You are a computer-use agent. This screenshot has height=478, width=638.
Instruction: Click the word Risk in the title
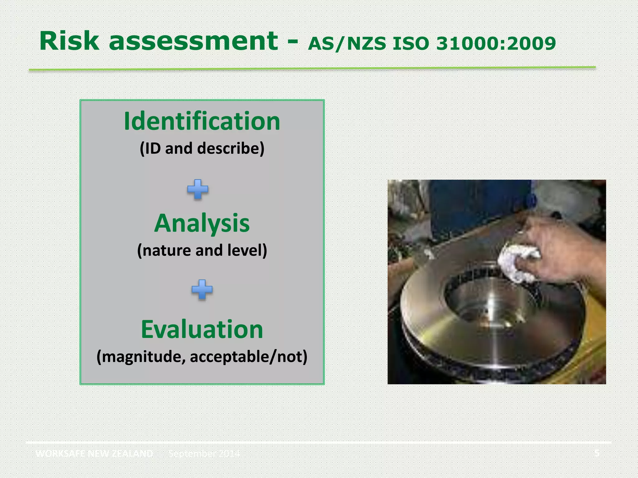coord(69,41)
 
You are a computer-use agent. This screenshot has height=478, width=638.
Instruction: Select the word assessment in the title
coord(193,41)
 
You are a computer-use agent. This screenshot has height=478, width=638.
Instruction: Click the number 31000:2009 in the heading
coord(496,44)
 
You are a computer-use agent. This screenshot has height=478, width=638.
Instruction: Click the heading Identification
coord(202,121)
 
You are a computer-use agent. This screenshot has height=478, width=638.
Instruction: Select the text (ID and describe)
coord(202,148)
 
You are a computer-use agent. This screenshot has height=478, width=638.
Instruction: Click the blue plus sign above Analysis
coord(198,189)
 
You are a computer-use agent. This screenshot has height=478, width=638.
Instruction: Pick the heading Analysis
coord(202,223)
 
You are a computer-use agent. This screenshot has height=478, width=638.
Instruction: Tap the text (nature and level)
coord(202,251)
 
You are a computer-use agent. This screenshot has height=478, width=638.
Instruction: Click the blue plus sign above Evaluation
coord(202,289)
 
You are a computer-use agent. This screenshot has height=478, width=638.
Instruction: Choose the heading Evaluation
coord(202,329)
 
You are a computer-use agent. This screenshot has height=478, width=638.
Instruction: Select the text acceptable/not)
coord(249,357)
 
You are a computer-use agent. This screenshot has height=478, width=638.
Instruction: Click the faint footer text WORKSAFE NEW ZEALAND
coord(94,453)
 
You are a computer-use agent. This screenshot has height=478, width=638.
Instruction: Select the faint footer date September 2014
coord(204,453)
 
